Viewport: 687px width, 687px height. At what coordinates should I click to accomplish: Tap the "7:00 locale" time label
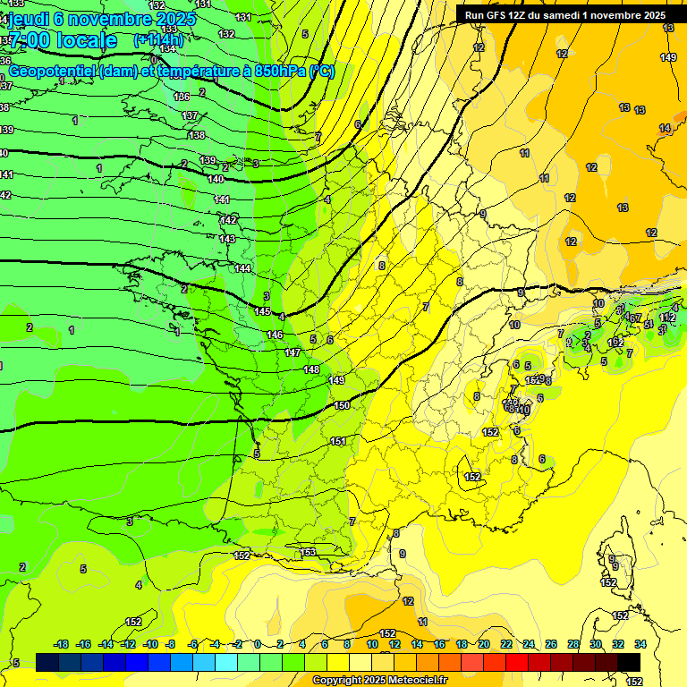click(x=63, y=40)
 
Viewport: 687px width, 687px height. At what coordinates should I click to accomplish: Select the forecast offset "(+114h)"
click(x=158, y=40)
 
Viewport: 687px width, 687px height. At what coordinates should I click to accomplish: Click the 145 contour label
click(x=262, y=311)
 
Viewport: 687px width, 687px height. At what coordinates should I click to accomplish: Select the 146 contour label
click(x=275, y=335)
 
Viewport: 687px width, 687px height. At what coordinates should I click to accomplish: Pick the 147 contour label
click(x=293, y=352)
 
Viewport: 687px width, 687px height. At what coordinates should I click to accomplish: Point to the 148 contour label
click(x=311, y=369)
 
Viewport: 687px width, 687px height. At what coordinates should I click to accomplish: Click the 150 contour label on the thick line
click(x=342, y=405)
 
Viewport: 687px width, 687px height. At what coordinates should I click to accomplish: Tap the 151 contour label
click(x=338, y=441)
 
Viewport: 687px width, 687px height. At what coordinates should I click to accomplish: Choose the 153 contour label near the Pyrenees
click(x=308, y=552)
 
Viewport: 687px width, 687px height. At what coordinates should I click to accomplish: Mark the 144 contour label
click(x=242, y=268)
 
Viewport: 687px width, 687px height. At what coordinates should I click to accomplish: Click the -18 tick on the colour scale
click(x=62, y=644)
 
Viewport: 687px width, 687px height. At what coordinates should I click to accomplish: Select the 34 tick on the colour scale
click(x=640, y=644)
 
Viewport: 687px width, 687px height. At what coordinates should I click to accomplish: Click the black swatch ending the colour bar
click(x=629, y=662)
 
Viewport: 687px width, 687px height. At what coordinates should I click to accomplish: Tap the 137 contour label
click(x=190, y=115)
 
